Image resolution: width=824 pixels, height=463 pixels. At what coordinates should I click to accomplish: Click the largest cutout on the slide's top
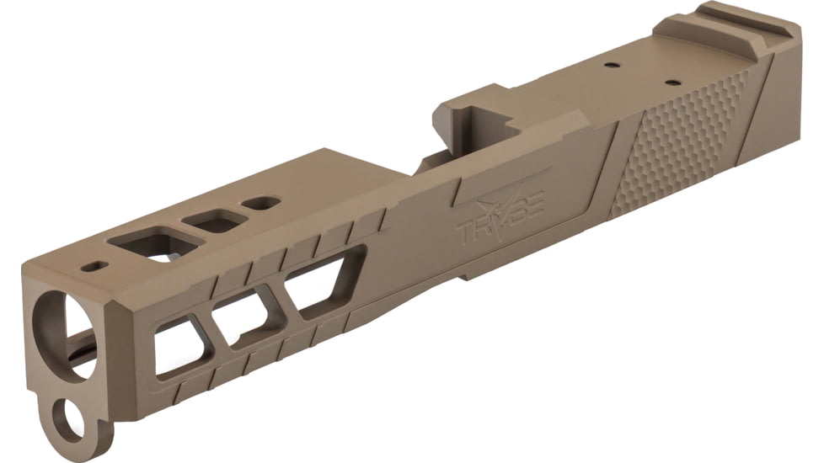point(156,244)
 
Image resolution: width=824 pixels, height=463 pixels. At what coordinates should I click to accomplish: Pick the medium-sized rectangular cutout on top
point(216,221)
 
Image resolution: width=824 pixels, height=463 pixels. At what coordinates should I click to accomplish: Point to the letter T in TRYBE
point(467,229)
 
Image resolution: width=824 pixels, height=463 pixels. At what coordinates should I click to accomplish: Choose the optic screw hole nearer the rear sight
point(672,82)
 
